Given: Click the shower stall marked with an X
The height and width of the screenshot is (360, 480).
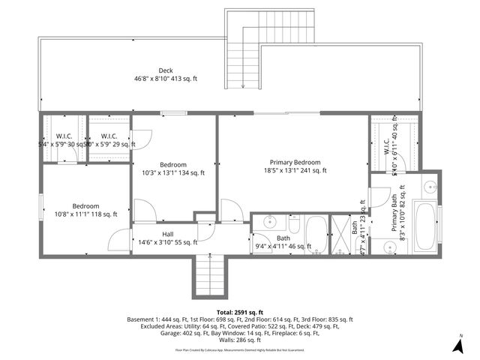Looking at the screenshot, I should pyautogui.click(x=342, y=234).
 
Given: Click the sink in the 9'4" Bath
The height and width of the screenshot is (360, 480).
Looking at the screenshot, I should pyautogui.click(x=268, y=224).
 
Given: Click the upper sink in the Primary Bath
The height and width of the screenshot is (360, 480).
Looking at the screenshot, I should pyautogui.click(x=430, y=187).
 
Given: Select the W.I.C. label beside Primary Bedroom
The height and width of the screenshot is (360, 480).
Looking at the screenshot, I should pyautogui.click(x=387, y=146).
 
